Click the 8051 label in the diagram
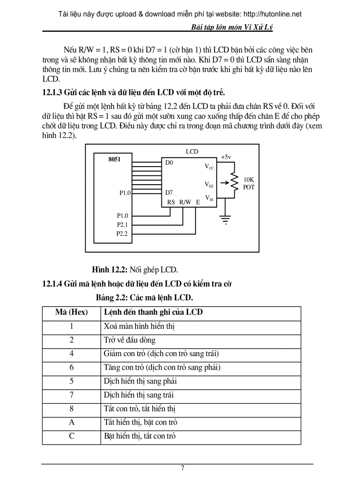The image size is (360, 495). (114, 160)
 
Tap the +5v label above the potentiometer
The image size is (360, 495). (226, 157)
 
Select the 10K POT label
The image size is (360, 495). (249, 183)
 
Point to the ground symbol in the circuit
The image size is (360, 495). (226, 219)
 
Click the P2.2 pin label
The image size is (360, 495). (122, 234)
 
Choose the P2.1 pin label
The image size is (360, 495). (122, 225)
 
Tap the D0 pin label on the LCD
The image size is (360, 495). (169, 163)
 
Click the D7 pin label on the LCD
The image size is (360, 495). (169, 193)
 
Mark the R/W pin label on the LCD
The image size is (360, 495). (185, 202)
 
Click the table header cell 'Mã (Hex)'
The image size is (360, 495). (71, 312)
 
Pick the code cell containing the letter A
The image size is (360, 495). (71, 422)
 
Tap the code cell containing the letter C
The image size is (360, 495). (71, 436)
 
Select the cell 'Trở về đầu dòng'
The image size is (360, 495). (130, 340)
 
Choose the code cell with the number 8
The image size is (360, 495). (71, 409)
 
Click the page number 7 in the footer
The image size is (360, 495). (183, 468)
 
